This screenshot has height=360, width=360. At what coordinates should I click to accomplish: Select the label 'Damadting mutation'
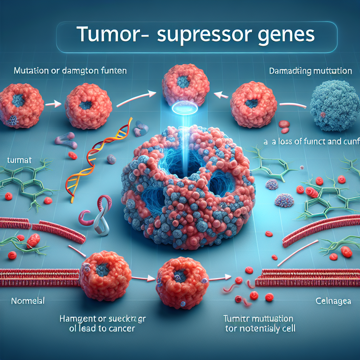(310, 71)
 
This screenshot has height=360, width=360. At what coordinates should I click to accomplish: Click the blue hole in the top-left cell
(18, 100)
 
